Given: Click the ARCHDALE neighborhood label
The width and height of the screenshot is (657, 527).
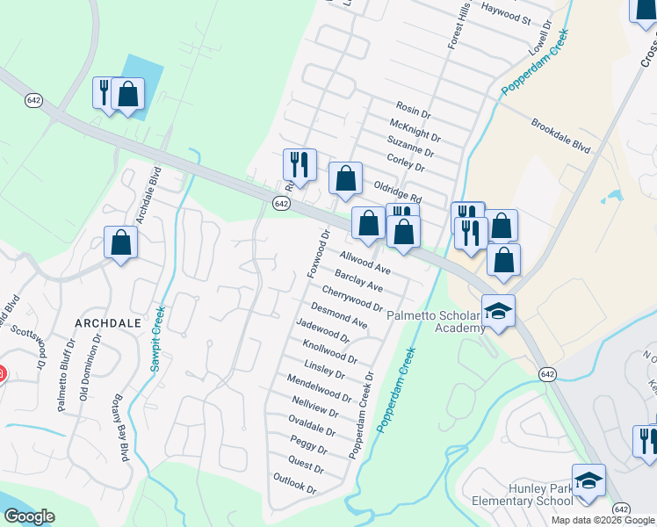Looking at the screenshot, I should tap(108, 323).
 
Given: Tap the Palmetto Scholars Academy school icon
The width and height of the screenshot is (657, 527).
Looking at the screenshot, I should tap(498, 312).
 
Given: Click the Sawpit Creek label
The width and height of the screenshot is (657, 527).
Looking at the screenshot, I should tap(157, 338).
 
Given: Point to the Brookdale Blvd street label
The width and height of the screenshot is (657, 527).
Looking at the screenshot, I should tap(560, 136).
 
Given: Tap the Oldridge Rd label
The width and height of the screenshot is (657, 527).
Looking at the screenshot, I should tap(398, 188).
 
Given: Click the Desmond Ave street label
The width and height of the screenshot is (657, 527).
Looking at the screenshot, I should tap(339, 314).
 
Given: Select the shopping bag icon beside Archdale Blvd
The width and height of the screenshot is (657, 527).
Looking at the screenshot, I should tap(121, 242).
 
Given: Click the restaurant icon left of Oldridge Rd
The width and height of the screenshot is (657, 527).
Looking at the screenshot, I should tap(299, 165).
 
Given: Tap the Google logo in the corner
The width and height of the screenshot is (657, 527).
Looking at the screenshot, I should tap(29, 517).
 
